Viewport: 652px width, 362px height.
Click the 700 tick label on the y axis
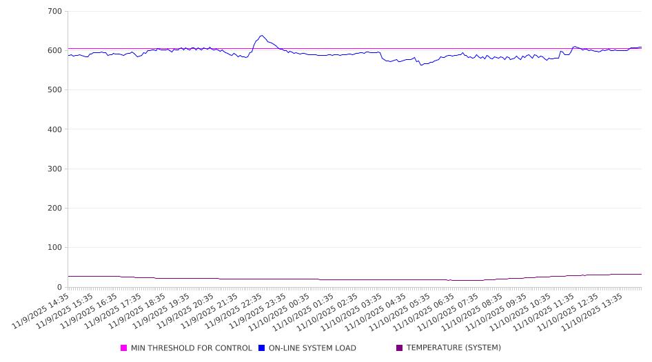point(54,12)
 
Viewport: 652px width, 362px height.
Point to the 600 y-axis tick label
point(54,51)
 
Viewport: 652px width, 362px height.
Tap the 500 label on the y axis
point(54,90)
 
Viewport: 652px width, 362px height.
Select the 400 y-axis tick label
point(54,129)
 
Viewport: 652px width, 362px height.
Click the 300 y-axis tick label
point(54,169)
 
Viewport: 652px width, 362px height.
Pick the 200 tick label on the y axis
point(54,209)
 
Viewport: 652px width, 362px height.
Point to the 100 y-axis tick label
point(54,248)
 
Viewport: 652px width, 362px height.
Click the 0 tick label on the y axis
point(59,287)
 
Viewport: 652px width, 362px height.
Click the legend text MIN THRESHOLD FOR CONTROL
point(191,348)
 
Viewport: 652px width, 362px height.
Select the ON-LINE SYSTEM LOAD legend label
point(312,348)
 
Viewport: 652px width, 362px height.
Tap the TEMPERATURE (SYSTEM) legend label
point(454,348)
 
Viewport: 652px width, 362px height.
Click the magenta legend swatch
point(124,348)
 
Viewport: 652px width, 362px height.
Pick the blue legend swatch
point(262,348)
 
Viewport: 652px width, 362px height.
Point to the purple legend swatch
point(400,348)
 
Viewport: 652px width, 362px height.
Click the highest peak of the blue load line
point(261,36)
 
